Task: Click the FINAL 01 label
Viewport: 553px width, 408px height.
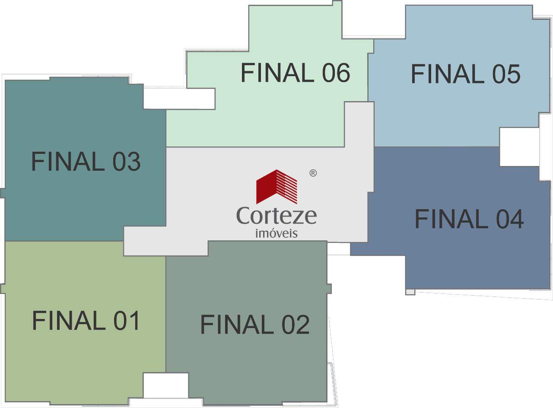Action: [86, 320]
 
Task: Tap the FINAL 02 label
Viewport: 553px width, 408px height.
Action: [255, 324]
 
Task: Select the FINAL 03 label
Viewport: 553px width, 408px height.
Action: [86, 161]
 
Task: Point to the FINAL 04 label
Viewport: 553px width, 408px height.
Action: [469, 219]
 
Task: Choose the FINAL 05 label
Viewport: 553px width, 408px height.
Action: [466, 74]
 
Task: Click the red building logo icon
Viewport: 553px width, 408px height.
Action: [276, 187]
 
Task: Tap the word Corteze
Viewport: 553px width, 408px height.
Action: [276, 216]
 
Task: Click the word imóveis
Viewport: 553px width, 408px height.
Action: [276, 233]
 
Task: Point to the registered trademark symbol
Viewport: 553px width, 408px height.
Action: [313, 173]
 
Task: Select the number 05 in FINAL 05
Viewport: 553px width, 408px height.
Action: [506, 74]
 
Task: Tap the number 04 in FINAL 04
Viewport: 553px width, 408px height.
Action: [510, 219]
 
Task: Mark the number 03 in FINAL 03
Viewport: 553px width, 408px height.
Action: [127, 161]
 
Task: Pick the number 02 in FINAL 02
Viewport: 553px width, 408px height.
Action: [296, 324]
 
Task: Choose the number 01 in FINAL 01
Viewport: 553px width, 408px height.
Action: [127, 320]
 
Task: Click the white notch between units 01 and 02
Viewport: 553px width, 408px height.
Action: [165, 385]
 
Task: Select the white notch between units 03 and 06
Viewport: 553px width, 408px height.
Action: [179, 99]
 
